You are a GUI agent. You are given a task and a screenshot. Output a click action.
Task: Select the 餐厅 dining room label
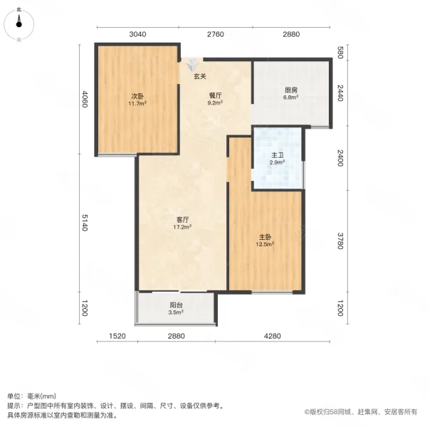point(215,94)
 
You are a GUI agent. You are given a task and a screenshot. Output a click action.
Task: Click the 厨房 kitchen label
point(290,90)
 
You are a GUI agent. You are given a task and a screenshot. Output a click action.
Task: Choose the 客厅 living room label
point(182,220)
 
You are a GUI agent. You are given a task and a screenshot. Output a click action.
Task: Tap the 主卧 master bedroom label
point(265,237)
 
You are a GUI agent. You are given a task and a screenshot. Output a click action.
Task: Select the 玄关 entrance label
point(200,76)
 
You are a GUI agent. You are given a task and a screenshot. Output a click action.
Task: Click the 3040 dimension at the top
point(137,34)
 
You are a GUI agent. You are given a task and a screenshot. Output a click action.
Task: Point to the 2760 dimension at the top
point(215,34)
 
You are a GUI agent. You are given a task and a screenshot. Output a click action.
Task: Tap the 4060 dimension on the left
point(85,99)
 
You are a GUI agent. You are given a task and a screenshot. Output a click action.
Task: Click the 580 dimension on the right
point(341,53)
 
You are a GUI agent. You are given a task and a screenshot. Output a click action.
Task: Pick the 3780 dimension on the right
point(341,242)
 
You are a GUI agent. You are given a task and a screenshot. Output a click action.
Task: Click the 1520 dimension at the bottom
point(117,336)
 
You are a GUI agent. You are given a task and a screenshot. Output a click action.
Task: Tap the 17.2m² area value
point(182,228)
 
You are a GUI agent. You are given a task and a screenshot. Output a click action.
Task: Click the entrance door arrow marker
point(191,63)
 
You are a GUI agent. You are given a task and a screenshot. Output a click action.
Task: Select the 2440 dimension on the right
point(341,93)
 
